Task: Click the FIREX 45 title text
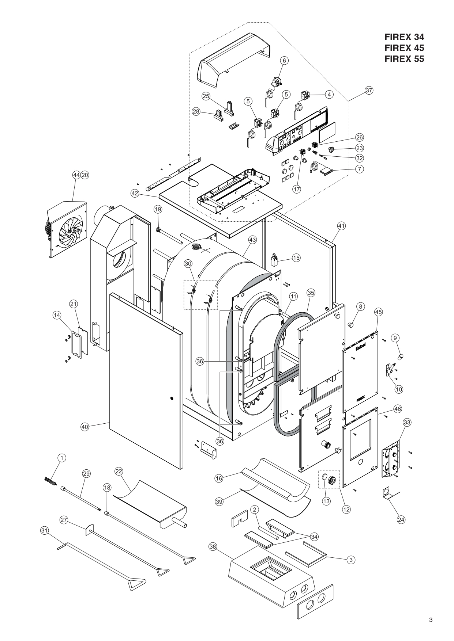pyautogui.click(x=404, y=48)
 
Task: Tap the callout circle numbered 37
pyautogui.click(x=369, y=91)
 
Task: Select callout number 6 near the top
pyautogui.click(x=284, y=61)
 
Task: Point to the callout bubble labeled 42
pyautogui.click(x=135, y=194)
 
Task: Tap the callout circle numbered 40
pyautogui.click(x=85, y=426)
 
